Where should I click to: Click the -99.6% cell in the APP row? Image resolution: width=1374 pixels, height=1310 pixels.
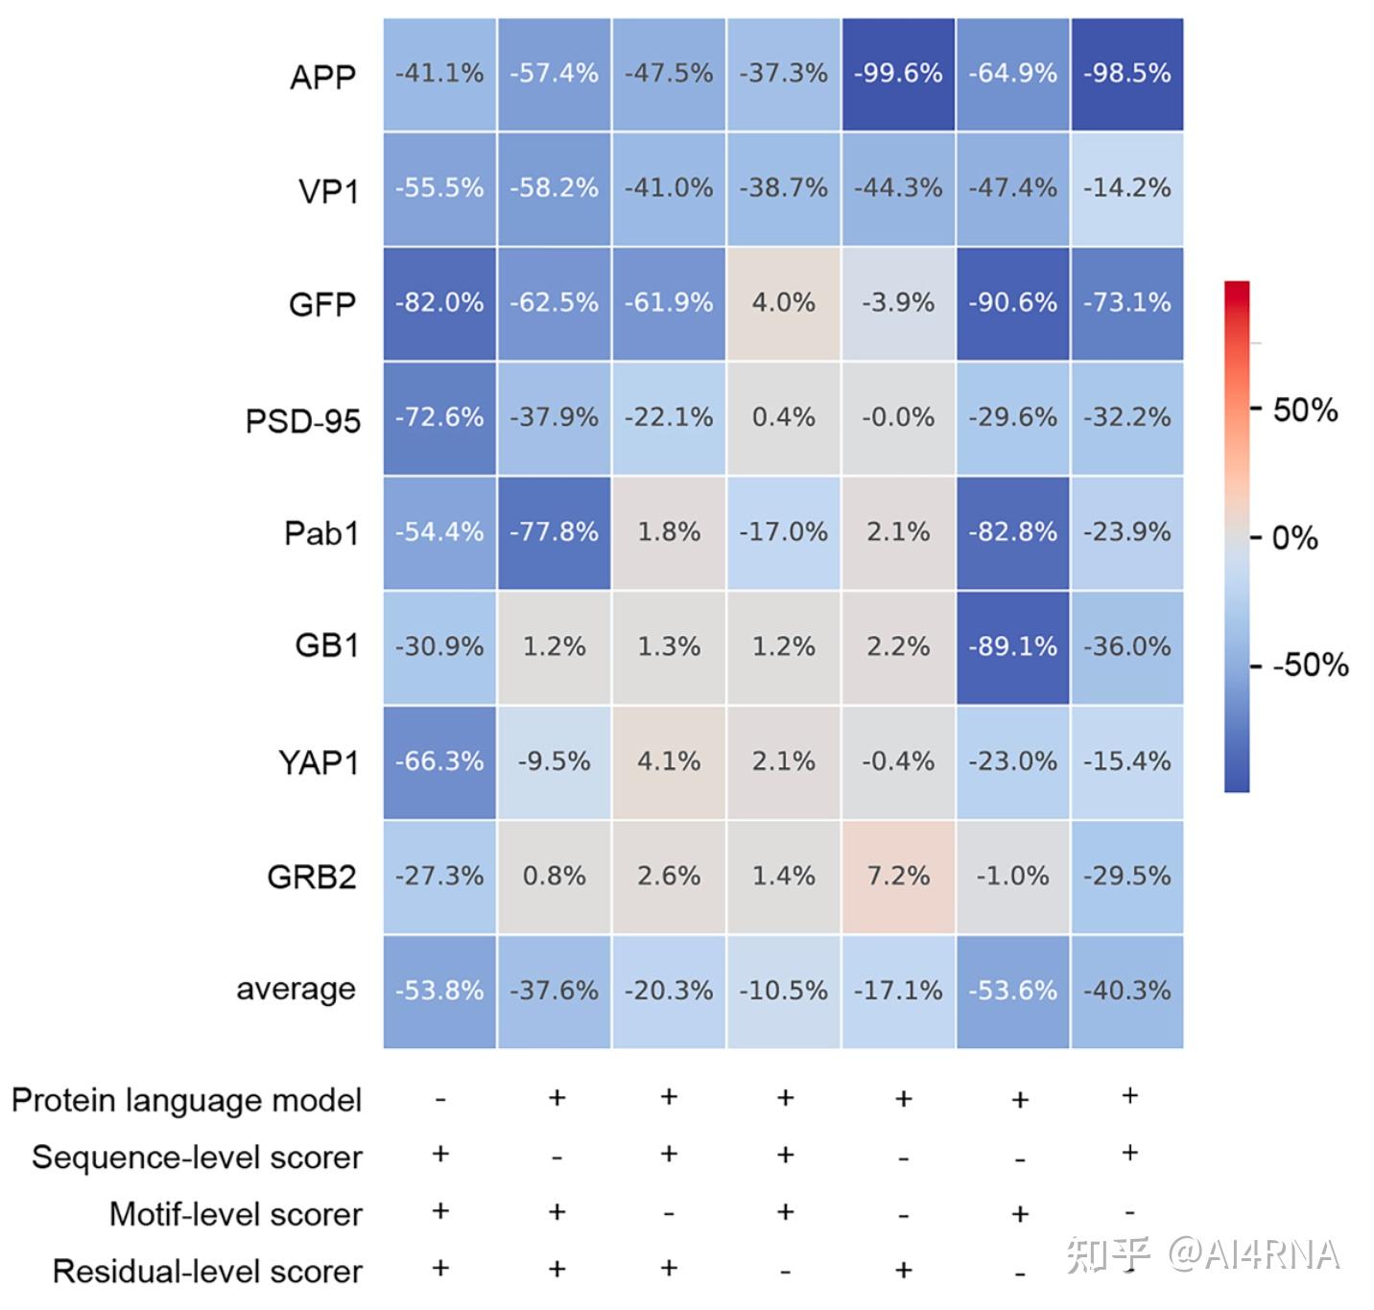pos(898,74)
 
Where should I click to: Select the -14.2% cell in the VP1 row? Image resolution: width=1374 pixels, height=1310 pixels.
pos(1126,188)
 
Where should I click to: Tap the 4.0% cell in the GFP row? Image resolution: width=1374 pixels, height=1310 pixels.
pos(783,303)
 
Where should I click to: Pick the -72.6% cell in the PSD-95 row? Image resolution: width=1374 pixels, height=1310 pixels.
pos(439,417)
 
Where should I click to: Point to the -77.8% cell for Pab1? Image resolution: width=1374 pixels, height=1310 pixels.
pos(554,532)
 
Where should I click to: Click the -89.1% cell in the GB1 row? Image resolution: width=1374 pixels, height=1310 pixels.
pos(1012,647)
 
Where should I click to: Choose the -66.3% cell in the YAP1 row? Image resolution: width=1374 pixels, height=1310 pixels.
pos(439,761)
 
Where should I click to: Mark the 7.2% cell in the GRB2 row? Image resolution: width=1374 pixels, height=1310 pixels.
pos(898,877)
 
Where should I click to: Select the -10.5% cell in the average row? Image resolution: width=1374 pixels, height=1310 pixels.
pos(783,991)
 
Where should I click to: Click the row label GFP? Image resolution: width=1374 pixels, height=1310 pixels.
pos(322,305)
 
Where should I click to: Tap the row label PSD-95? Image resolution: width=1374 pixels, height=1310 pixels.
pos(303,421)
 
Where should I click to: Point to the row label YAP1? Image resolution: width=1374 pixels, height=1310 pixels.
pos(319,763)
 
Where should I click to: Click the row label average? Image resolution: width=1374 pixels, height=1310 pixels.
pos(296,989)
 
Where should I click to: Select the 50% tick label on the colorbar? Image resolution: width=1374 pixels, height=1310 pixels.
pos(1305,410)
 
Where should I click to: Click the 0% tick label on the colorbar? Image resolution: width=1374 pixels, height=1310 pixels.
pos(1295,538)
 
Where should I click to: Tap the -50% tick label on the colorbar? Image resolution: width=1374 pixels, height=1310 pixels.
pos(1310,665)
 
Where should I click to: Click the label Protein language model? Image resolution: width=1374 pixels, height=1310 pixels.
pos(187,1100)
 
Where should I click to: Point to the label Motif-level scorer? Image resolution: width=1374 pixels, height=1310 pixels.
pos(236,1214)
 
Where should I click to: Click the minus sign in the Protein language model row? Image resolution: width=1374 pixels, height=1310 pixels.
pos(440,1100)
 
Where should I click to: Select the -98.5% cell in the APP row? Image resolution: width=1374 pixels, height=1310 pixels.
pos(1126,74)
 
